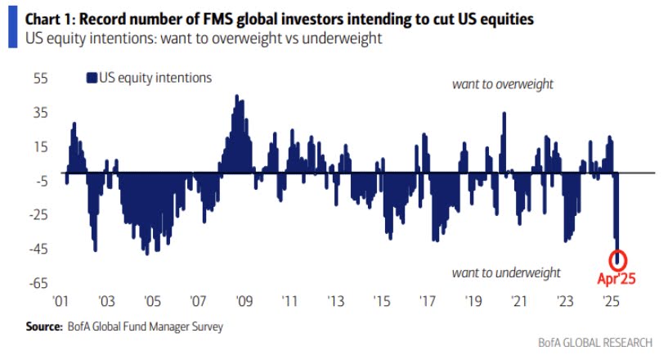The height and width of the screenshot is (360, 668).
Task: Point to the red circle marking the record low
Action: (619, 259)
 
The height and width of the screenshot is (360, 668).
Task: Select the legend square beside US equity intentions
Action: (91, 79)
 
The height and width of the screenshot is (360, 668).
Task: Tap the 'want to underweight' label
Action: (506, 272)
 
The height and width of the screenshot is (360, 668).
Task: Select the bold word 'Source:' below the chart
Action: (44, 326)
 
